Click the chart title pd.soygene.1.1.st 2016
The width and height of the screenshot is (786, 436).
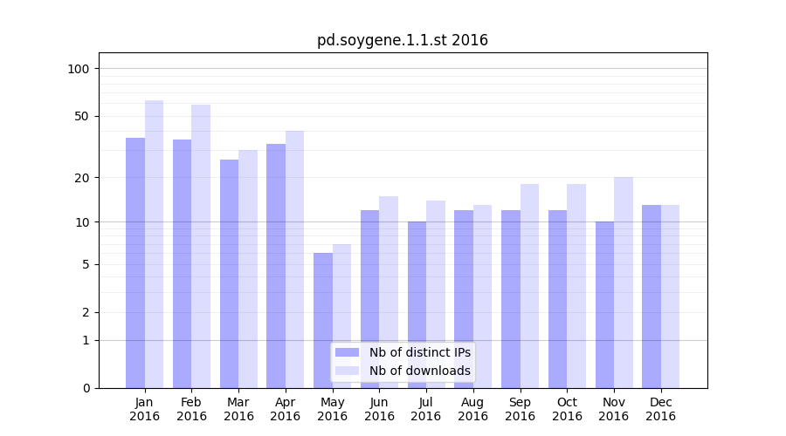(402, 40)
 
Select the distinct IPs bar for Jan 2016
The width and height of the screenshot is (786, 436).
(135, 262)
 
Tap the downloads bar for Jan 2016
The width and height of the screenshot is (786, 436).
(155, 244)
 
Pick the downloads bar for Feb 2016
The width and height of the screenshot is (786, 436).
(201, 246)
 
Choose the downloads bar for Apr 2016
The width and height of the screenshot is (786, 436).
(295, 259)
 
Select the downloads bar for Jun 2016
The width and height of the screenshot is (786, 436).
(389, 292)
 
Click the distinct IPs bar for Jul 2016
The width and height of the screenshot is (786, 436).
(417, 304)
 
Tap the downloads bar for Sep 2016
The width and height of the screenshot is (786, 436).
(529, 286)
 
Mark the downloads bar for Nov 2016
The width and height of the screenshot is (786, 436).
(624, 283)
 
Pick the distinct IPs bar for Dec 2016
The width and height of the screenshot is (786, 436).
(652, 296)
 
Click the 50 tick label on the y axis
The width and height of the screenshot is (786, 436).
(81, 116)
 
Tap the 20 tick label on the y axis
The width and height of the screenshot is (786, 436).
(81, 178)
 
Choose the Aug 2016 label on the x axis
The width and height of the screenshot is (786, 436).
(473, 409)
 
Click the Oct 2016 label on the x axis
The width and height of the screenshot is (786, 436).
(567, 409)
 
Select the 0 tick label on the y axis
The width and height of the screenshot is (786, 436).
(86, 388)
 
